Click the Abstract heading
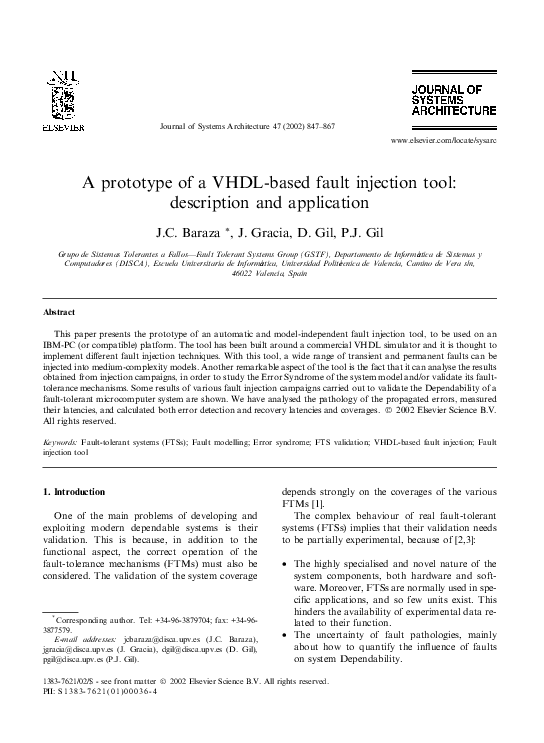click(x=60, y=312)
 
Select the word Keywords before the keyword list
click(x=60, y=441)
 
